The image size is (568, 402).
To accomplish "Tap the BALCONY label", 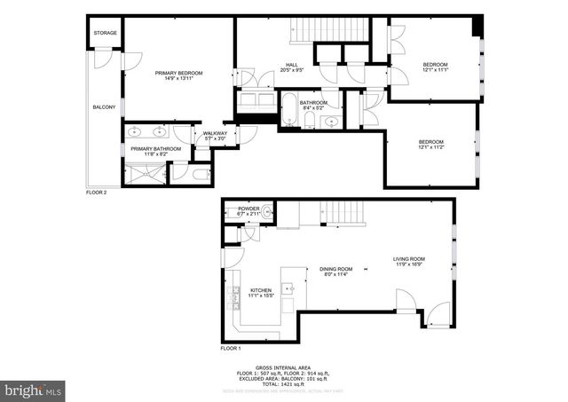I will tap(104, 107).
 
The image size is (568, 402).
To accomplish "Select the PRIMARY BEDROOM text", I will tap(179, 72).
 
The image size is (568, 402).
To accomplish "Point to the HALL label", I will tap(292, 64).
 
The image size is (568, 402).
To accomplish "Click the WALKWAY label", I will tap(215, 133).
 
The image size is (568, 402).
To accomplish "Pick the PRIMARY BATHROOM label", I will tap(155, 148).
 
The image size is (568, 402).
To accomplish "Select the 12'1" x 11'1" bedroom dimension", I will tap(434, 70).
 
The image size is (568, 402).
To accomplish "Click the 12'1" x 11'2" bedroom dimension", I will tap(430, 147).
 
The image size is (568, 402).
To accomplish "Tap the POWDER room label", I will tap(248, 208).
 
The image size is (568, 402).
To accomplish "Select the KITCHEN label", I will tap(260, 289).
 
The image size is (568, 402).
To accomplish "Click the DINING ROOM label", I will tap(336, 269).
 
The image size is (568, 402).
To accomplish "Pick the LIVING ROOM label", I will tap(409, 258).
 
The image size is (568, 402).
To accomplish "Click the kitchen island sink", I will tap(288, 288).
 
